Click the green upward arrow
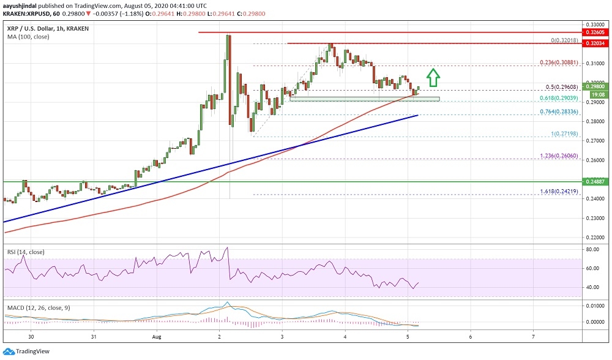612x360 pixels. (x=433, y=77)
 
